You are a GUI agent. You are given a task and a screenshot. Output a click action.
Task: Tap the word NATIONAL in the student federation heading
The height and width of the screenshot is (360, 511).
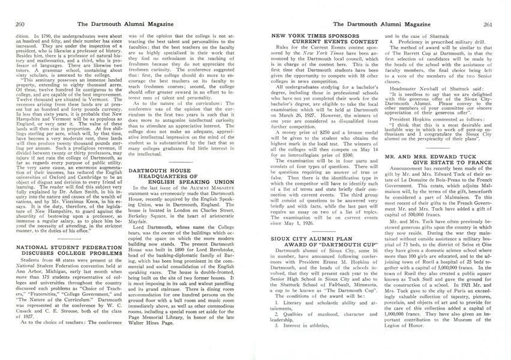pos(34,229)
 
